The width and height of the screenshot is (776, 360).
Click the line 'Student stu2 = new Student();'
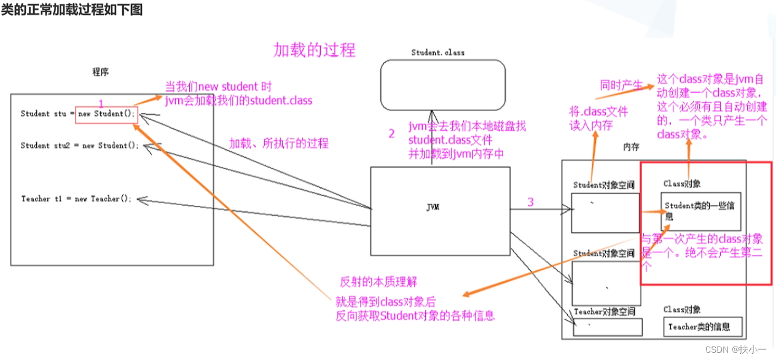click(x=80, y=146)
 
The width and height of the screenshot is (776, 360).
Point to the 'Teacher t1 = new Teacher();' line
click(x=76, y=198)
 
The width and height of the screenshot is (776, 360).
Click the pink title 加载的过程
click(x=314, y=50)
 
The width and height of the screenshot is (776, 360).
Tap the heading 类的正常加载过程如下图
click(x=72, y=10)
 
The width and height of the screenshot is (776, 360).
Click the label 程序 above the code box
click(x=100, y=72)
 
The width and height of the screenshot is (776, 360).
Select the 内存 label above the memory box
click(x=632, y=147)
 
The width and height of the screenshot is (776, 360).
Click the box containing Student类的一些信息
click(x=700, y=211)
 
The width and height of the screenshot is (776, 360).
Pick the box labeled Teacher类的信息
click(x=703, y=327)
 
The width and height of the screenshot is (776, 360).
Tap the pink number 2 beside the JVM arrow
click(x=391, y=134)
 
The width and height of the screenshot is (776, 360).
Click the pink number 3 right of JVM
click(x=530, y=202)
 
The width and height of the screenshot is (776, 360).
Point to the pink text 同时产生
click(x=621, y=85)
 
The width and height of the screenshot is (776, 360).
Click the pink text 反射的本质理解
click(x=378, y=282)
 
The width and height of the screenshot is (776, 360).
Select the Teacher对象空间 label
click(x=604, y=312)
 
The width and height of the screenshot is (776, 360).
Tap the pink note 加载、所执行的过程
click(x=278, y=143)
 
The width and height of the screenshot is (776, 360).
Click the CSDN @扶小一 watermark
click(x=735, y=349)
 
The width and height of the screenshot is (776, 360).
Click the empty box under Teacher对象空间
click(x=607, y=327)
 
